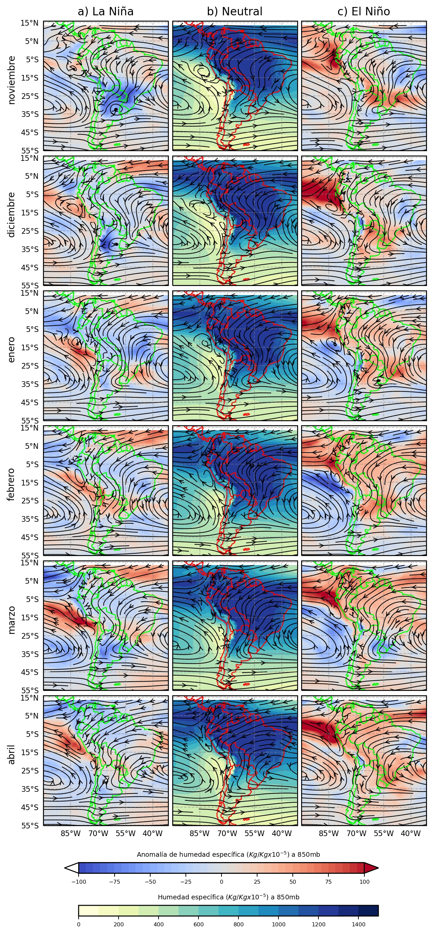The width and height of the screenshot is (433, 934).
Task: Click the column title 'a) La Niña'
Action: tap(106, 12)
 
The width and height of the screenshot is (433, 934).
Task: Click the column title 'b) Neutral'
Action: tap(234, 12)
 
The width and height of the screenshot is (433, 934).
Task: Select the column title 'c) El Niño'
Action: tap(363, 12)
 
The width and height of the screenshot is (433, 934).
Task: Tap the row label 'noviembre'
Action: tap(12, 80)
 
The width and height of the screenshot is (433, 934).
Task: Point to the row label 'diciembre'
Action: tap(12, 215)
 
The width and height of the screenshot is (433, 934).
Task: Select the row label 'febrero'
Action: tap(12, 484)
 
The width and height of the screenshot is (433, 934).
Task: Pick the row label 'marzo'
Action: tap(12, 619)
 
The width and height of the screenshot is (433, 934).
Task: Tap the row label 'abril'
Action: tap(12, 754)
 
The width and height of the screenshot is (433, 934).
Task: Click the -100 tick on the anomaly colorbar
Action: tap(79, 882)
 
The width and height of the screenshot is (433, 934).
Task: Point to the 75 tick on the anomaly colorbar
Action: tap(328, 882)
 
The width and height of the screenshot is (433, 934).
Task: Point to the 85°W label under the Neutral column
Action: tap(200, 833)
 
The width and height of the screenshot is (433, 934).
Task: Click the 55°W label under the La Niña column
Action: tap(126, 833)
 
